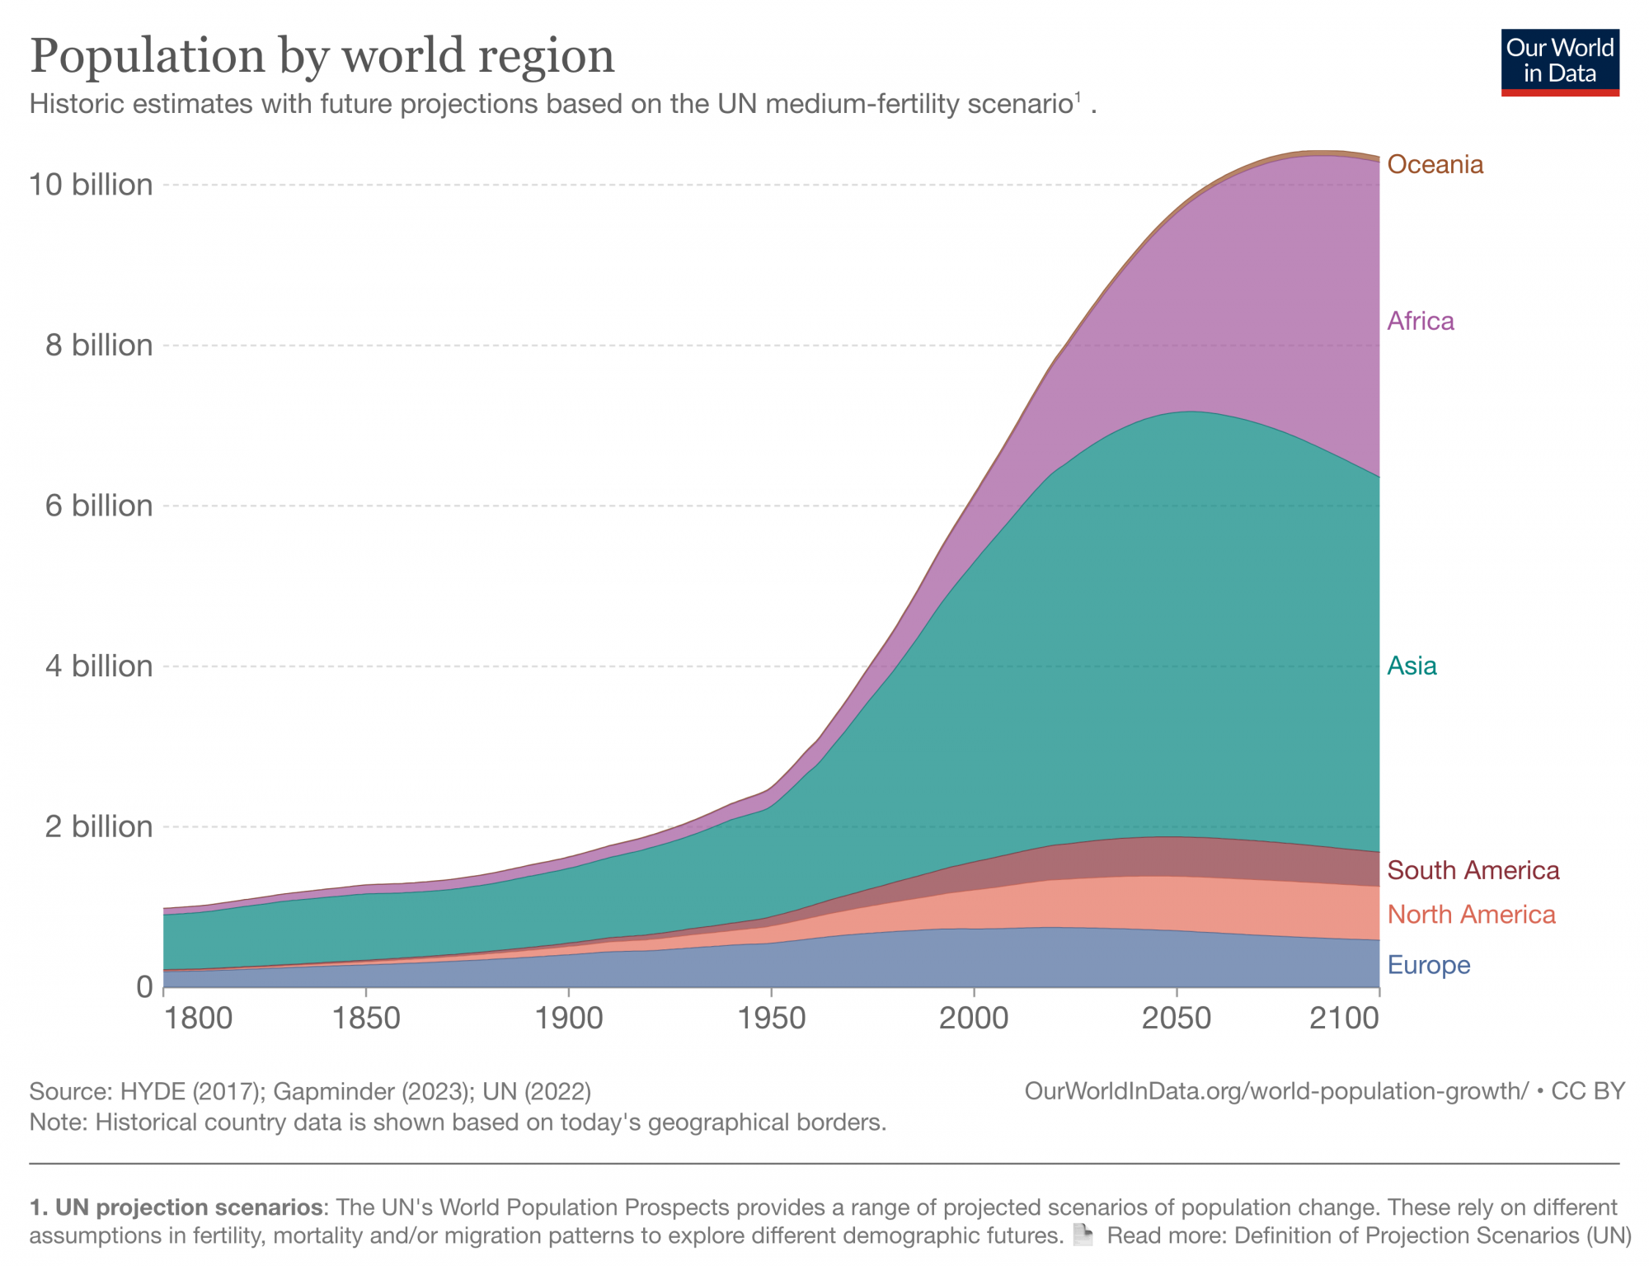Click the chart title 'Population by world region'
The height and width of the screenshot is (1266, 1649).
(x=322, y=56)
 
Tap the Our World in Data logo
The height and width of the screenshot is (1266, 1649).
(x=1560, y=63)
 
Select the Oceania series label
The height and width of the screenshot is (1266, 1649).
(x=1435, y=165)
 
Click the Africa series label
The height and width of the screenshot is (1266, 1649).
(x=1420, y=321)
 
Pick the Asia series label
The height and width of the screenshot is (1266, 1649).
(x=1412, y=666)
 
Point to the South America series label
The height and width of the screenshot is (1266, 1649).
(x=1473, y=870)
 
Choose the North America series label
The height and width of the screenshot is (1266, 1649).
(x=1471, y=915)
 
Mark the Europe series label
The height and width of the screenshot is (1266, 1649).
(x=1428, y=965)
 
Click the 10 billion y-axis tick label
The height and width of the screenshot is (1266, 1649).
(x=92, y=185)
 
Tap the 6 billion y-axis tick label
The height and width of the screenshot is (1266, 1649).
(x=99, y=506)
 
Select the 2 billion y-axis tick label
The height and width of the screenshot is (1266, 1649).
(x=99, y=826)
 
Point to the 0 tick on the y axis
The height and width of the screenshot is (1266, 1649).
(x=145, y=986)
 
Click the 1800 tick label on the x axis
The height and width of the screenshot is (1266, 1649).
(x=198, y=1019)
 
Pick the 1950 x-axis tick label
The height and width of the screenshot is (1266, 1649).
(x=771, y=1019)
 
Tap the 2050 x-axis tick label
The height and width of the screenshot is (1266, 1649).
(x=1176, y=1019)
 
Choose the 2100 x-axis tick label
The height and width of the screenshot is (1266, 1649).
(x=1345, y=1019)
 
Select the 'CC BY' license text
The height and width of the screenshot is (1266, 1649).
(x=1588, y=1091)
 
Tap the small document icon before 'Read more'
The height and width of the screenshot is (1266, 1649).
(x=1083, y=1235)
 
